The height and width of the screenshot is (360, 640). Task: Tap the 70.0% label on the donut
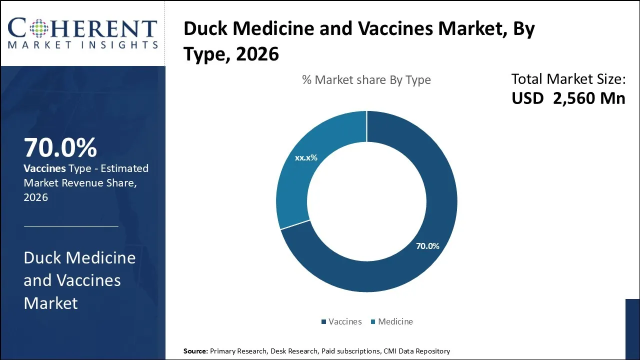(x=427, y=246)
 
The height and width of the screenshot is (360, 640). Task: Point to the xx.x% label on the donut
(x=306, y=158)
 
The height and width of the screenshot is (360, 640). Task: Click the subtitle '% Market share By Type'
(x=366, y=80)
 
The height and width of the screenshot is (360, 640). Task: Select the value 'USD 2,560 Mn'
(x=568, y=98)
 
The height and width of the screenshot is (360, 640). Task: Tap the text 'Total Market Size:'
(x=568, y=79)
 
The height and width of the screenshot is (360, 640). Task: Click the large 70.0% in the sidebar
(x=60, y=148)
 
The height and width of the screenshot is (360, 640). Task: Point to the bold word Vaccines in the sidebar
(x=45, y=168)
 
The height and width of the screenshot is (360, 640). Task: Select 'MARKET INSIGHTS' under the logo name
(x=82, y=45)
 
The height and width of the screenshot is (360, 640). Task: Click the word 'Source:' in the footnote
(x=195, y=351)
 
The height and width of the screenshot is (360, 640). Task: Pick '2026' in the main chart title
(x=257, y=54)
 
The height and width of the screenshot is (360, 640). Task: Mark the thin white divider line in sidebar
(x=71, y=226)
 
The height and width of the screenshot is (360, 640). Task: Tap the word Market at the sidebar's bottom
(x=50, y=303)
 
